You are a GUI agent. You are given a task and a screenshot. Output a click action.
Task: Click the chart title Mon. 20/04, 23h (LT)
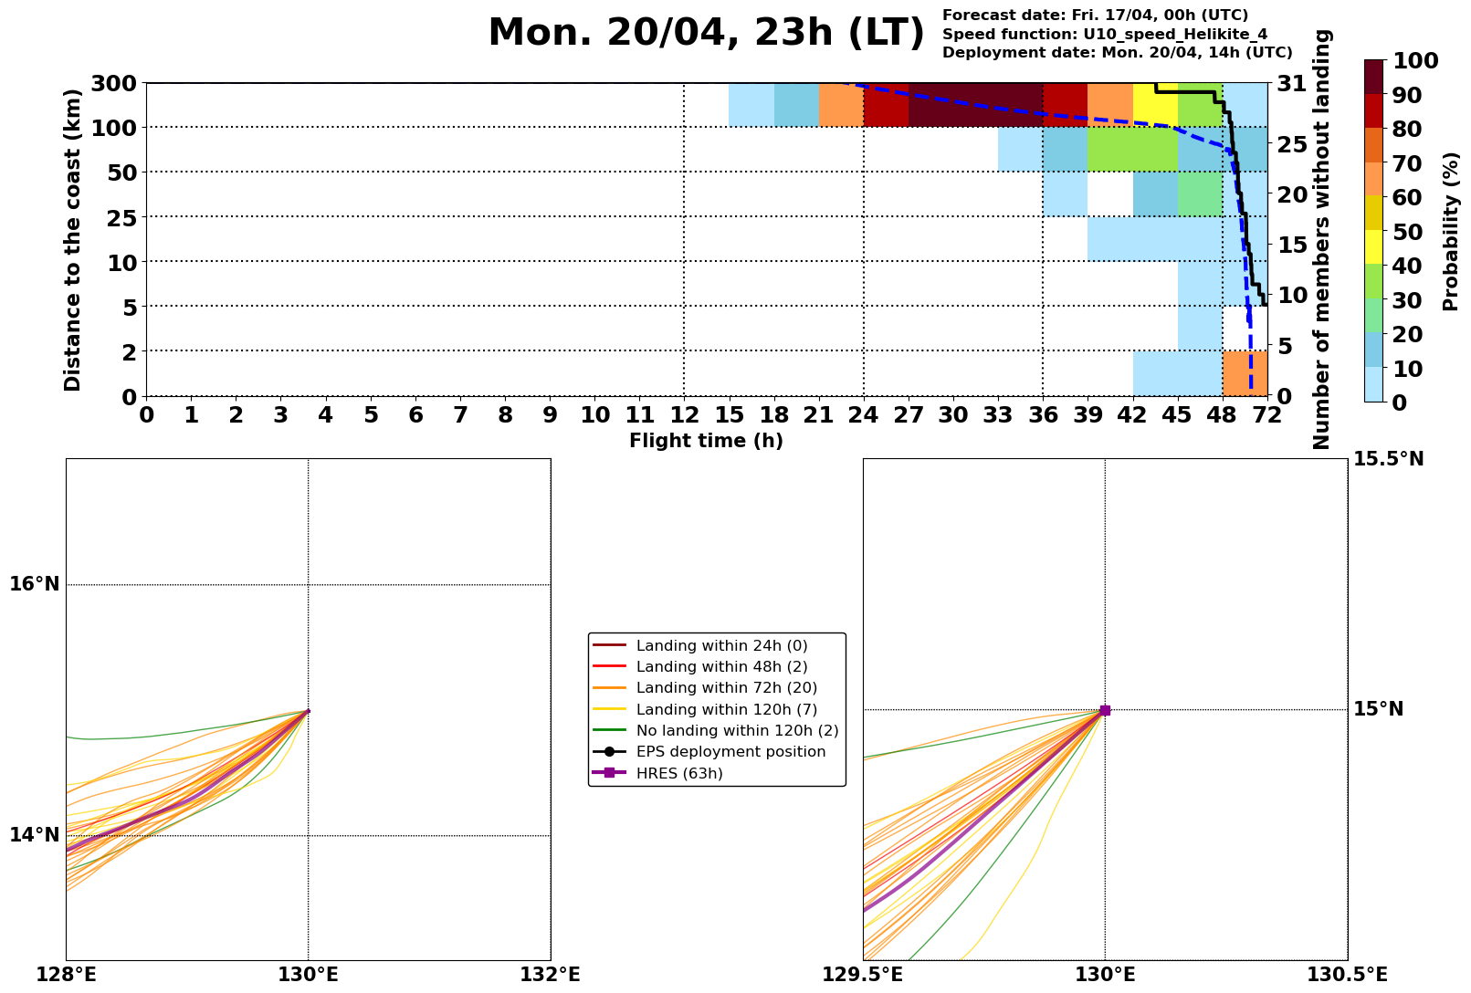coord(706,34)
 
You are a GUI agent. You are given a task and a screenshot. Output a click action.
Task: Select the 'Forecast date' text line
coord(1095,16)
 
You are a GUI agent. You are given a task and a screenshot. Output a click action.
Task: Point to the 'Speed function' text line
coord(1105,34)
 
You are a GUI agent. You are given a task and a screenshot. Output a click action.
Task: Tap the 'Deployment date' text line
coord(1117,53)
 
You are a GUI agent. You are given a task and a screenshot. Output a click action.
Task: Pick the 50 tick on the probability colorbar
coord(1410,232)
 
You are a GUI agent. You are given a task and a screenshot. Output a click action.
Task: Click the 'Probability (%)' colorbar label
coord(1451,231)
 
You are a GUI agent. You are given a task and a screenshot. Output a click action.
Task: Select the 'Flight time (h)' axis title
coord(706,441)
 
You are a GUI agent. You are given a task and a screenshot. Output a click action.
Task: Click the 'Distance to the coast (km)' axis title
coord(73,239)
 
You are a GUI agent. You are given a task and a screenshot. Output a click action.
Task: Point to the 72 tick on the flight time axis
coord(1267,416)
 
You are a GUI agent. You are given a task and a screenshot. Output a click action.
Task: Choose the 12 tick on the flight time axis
coord(684,416)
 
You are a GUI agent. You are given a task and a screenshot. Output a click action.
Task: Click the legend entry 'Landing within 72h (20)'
coord(726,688)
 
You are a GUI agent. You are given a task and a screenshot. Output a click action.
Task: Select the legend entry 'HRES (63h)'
coord(685,774)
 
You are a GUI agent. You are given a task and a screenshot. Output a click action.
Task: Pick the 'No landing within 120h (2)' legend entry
coord(737,731)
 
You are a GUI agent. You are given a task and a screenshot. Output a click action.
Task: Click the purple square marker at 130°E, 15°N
coord(1105,710)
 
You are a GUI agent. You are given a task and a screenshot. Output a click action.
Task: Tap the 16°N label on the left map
coord(34,584)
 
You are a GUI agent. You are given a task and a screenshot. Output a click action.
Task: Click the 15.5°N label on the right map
coord(1388,459)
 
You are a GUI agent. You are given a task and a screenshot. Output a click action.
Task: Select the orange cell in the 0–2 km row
coord(1245,372)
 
